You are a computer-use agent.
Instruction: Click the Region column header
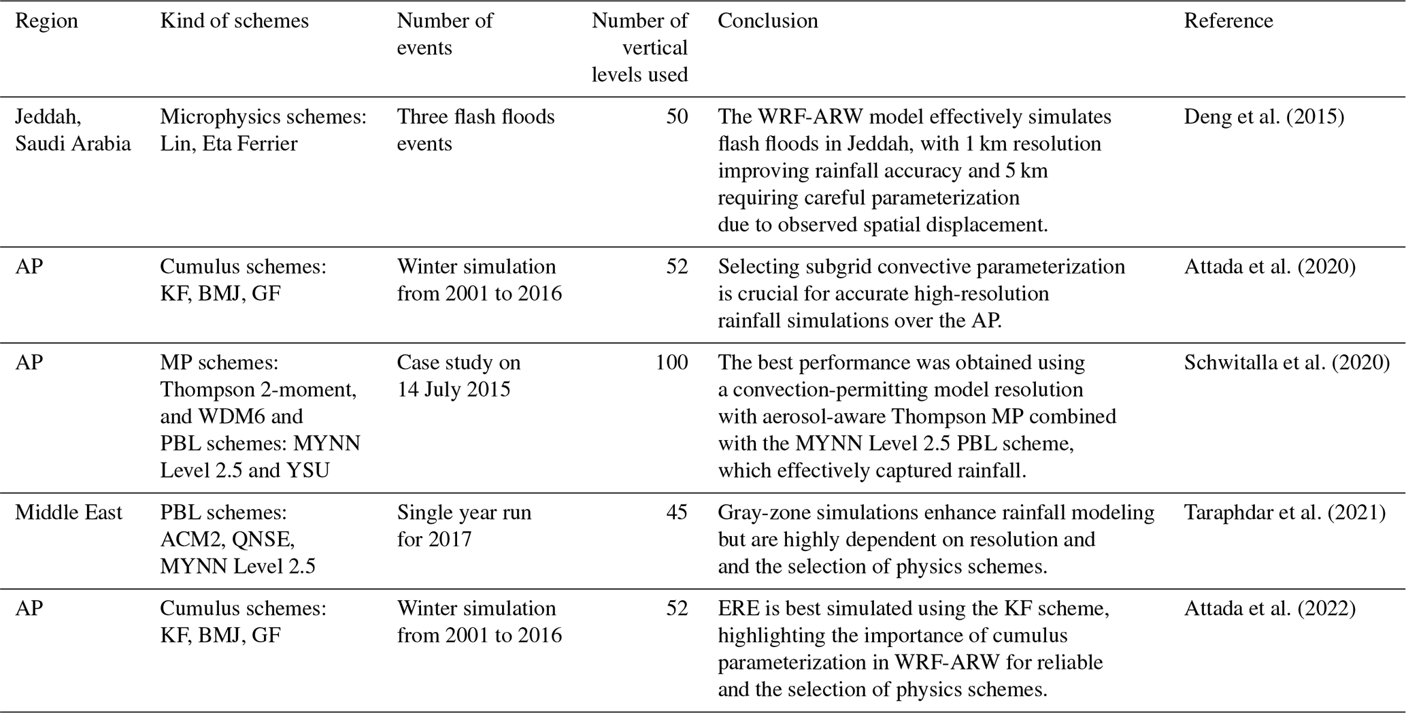pyautogui.click(x=46, y=21)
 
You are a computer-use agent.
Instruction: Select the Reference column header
pyautogui.click(x=1228, y=21)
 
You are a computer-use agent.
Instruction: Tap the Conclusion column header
pyautogui.click(x=767, y=21)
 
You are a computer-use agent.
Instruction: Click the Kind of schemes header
pyautogui.click(x=234, y=21)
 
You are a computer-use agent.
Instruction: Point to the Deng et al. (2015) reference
pyautogui.click(x=1264, y=117)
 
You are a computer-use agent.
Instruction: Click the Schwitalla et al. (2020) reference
pyautogui.click(x=1286, y=363)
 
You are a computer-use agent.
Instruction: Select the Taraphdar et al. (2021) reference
pyautogui.click(x=1284, y=512)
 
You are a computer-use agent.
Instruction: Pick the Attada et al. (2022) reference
pyautogui.click(x=1269, y=608)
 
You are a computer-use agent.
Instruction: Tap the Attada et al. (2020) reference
pyautogui.click(x=1269, y=267)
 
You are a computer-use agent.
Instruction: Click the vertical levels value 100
pyautogui.click(x=671, y=363)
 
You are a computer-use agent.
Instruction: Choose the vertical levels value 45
pyautogui.click(x=677, y=512)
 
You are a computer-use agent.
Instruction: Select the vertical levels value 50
pyautogui.click(x=677, y=117)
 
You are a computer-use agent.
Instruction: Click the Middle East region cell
pyautogui.click(x=69, y=512)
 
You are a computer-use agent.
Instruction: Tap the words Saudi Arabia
pyautogui.click(x=73, y=144)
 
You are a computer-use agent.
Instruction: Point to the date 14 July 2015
pyautogui.click(x=453, y=390)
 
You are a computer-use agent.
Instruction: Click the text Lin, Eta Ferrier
pyautogui.click(x=229, y=144)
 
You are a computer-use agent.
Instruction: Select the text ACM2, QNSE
pyautogui.click(x=227, y=540)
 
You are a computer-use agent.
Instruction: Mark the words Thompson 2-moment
pyautogui.click(x=258, y=390)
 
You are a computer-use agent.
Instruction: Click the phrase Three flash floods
pyautogui.click(x=475, y=117)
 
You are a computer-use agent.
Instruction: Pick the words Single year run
pyautogui.click(x=464, y=512)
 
